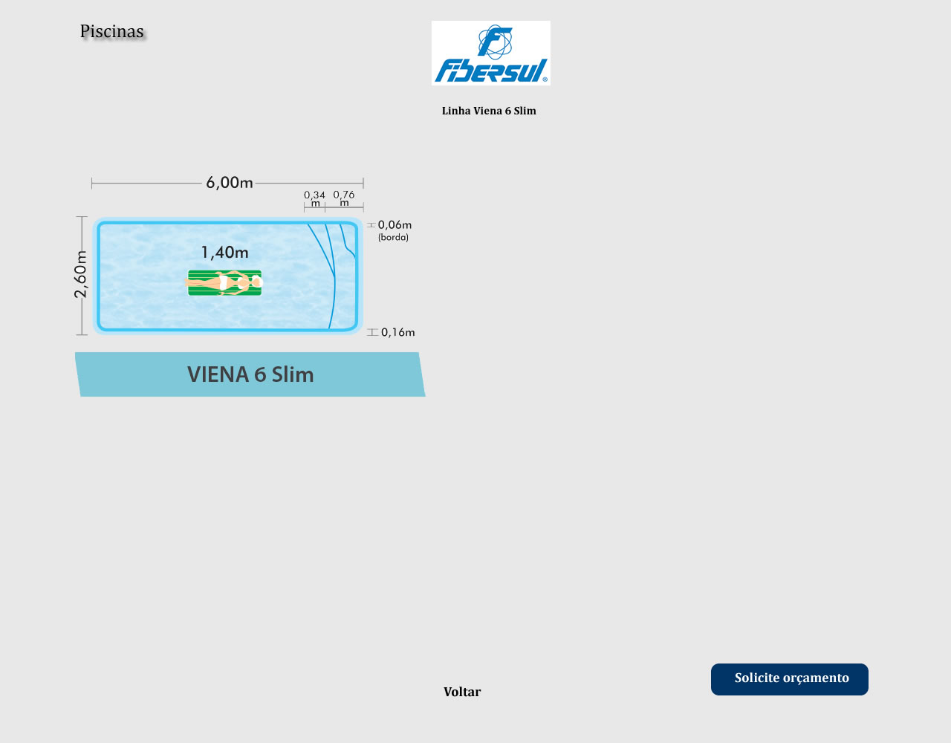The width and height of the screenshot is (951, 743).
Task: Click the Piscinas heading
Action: (x=111, y=31)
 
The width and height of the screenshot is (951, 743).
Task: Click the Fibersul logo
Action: (x=490, y=53)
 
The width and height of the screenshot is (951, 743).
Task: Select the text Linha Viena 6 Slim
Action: (x=489, y=111)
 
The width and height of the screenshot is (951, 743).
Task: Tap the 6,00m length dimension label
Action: (x=230, y=183)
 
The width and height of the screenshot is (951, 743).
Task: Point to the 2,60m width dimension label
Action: (x=80, y=275)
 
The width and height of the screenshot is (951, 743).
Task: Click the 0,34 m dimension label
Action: (x=315, y=198)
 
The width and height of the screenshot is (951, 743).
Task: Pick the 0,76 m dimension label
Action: (x=344, y=198)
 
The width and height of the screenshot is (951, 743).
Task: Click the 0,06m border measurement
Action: (x=395, y=225)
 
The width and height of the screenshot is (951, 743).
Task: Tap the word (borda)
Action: (x=394, y=237)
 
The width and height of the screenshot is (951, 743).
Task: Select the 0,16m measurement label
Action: (x=397, y=333)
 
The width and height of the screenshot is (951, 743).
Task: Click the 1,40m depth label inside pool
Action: (x=224, y=253)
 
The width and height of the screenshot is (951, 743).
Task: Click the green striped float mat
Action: (x=224, y=282)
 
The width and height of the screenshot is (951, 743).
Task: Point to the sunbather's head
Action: (x=256, y=282)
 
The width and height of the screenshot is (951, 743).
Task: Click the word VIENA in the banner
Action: (x=218, y=374)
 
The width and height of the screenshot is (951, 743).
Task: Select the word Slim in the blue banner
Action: (x=292, y=374)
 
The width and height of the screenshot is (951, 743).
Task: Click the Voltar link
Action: (x=462, y=692)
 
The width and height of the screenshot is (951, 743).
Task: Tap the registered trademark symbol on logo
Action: (x=545, y=80)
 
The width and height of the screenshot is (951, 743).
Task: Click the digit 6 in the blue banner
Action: (x=260, y=375)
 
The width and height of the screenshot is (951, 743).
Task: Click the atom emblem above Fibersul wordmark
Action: (x=495, y=42)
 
